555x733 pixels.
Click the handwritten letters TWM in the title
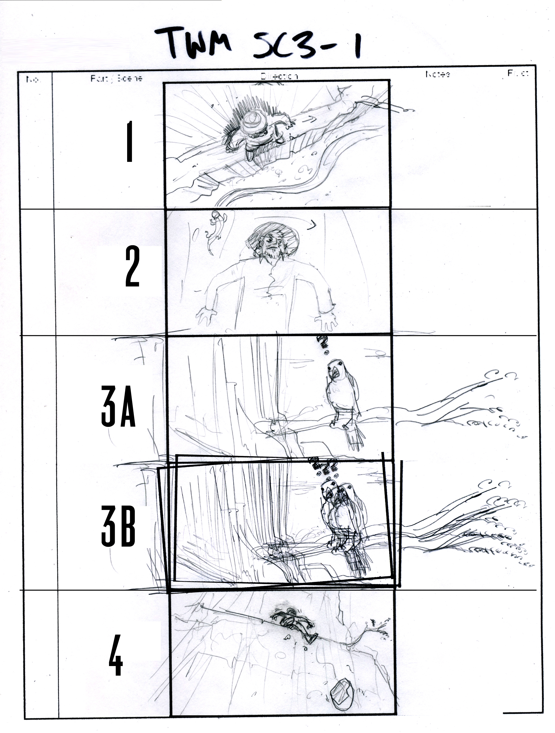(x=194, y=43)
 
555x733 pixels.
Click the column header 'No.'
(x=33, y=80)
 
